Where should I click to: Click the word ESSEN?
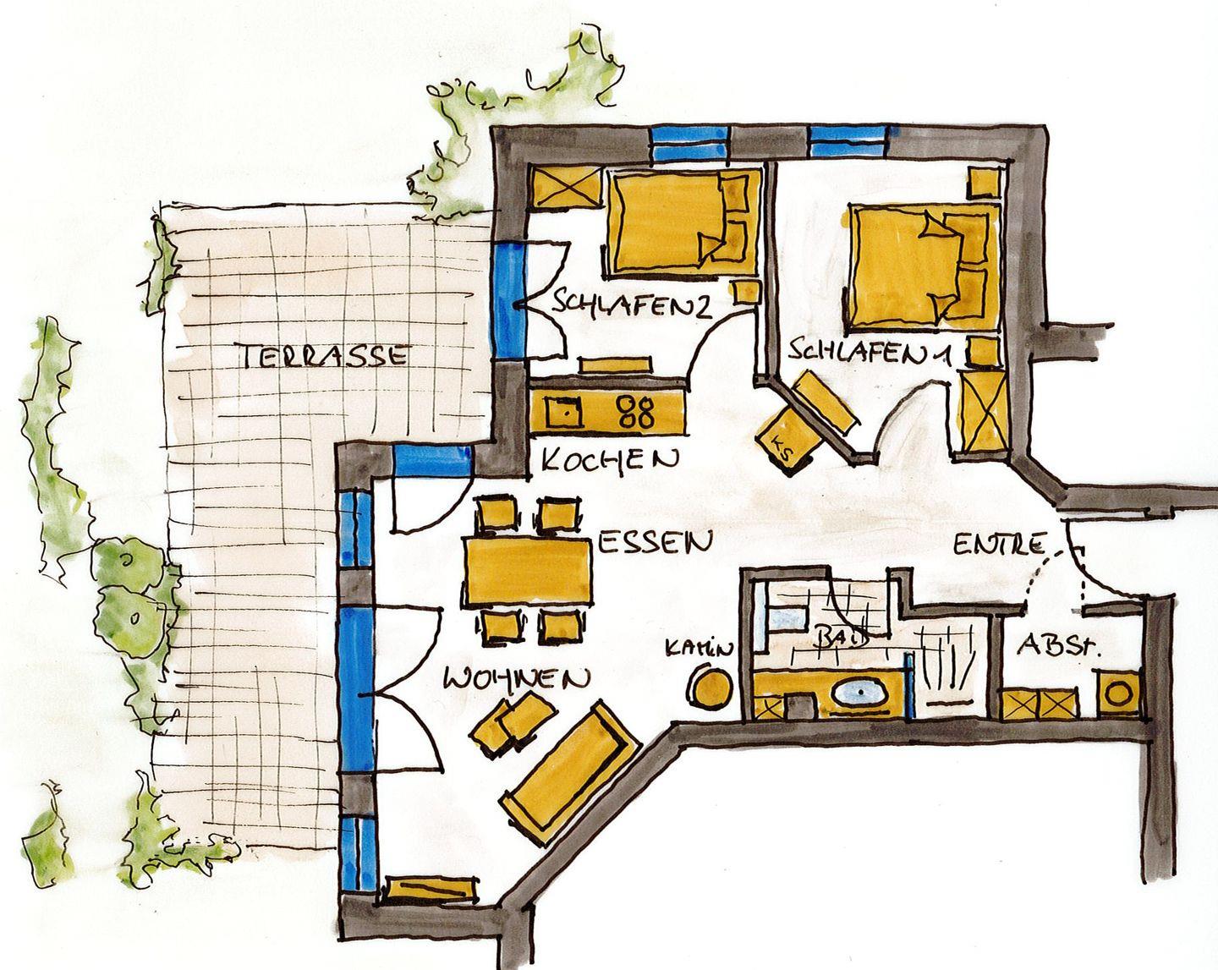655,543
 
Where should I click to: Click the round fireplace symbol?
710,688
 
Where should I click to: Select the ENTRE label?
999,545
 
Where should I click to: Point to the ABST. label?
1058,646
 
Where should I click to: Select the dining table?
528,573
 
